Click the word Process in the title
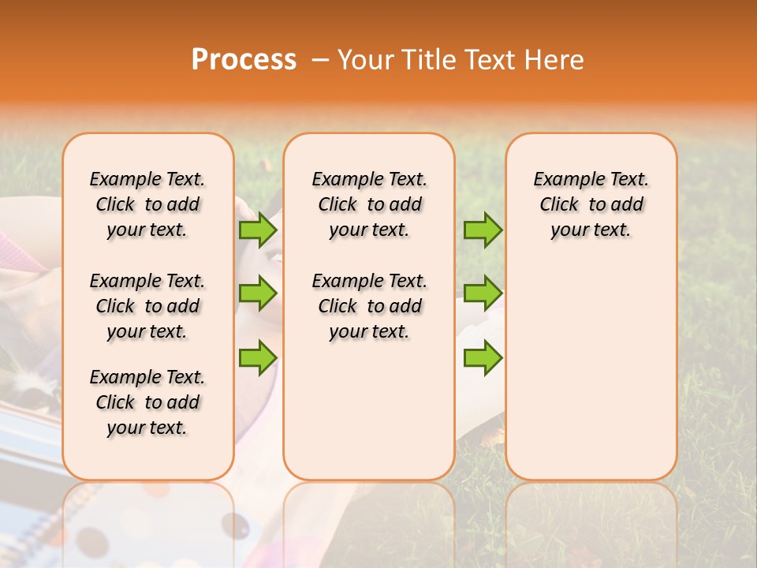point(244,60)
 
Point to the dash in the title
point(320,61)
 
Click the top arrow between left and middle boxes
point(258,230)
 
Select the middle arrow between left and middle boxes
point(258,293)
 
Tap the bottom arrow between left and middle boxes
point(258,357)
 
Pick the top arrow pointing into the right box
point(483,230)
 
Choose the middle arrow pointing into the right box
point(483,293)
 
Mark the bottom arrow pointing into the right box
point(483,357)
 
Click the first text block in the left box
point(147,204)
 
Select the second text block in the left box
point(147,306)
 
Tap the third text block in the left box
point(147,402)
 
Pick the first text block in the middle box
point(369,204)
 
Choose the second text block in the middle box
point(369,306)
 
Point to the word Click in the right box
point(559,205)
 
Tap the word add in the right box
point(628,205)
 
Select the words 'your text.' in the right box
point(591,230)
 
